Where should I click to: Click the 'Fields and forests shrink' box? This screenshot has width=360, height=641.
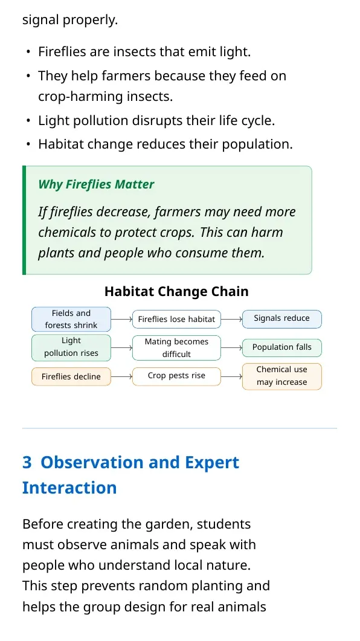(71, 319)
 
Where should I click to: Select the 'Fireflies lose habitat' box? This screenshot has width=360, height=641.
(176, 319)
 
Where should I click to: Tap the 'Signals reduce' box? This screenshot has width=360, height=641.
(282, 319)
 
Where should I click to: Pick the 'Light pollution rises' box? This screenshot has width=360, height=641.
(71, 348)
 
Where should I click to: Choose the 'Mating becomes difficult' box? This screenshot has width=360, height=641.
(176, 348)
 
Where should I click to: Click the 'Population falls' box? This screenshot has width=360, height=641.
(282, 348)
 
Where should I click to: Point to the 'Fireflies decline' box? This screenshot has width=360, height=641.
(71, 376)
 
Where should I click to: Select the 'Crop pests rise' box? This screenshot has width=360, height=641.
(176, 376)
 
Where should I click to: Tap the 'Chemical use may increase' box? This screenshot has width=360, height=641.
(282, 376)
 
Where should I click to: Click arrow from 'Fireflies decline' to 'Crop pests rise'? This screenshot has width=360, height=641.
(122, 376)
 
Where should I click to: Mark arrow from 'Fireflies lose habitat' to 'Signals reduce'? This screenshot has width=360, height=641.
(232, 319)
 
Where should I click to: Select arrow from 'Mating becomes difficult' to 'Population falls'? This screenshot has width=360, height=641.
(232, 348)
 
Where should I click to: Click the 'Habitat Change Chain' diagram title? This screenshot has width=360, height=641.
(176, 291)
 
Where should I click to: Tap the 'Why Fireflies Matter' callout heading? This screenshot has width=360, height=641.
(96, 184)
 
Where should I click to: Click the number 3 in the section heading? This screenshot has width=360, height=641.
(27, 462)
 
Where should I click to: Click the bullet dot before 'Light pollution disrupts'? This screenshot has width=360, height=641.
(28, 121)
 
